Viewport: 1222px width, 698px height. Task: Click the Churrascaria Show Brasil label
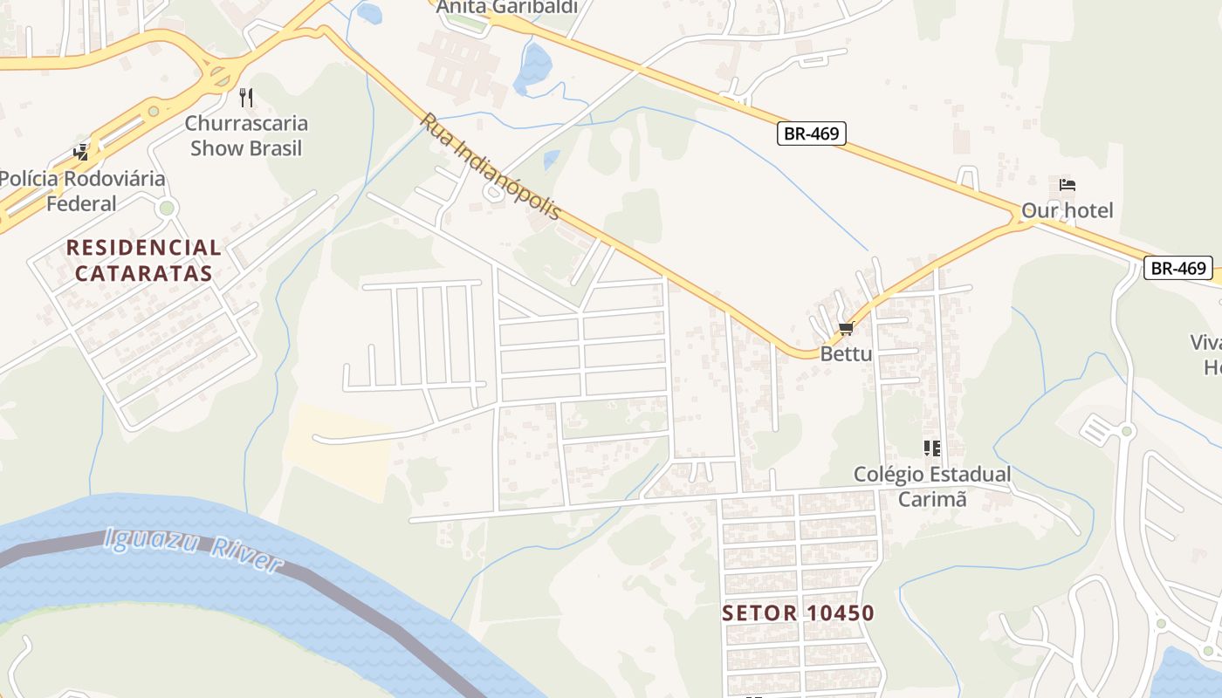[x=246, y=135]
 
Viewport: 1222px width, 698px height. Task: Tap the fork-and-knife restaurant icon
[x=246, y=97]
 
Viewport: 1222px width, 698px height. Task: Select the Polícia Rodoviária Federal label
[x=81, y=191]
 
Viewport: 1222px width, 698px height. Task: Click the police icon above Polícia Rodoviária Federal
[x=81, y=153]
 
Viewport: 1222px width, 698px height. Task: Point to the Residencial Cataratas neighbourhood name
[x=144, y=260]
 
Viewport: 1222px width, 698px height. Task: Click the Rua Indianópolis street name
[x=491, y=167]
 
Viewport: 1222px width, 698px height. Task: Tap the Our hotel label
[x=1068, y=210]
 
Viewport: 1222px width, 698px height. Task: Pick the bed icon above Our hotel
[x=1067, y=185]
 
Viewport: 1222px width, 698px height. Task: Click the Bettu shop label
[x=846, y=354]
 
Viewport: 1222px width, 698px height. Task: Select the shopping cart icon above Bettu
[x=845, y=328]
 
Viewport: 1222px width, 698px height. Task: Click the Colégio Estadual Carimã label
[x=932, y=486]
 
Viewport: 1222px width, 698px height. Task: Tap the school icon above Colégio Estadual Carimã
[x=932, y=448]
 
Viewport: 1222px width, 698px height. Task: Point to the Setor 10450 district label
[x=798, y=612]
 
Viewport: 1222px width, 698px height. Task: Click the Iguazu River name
[x=193, y=549]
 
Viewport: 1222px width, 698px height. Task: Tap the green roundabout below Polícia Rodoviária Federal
[x=167, y=208]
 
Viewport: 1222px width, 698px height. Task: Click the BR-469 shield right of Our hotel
[x=1178, y=268]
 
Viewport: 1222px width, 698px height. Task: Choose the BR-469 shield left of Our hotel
[x=812, y=133]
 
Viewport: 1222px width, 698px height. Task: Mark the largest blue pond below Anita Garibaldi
[x=534, y=68]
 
